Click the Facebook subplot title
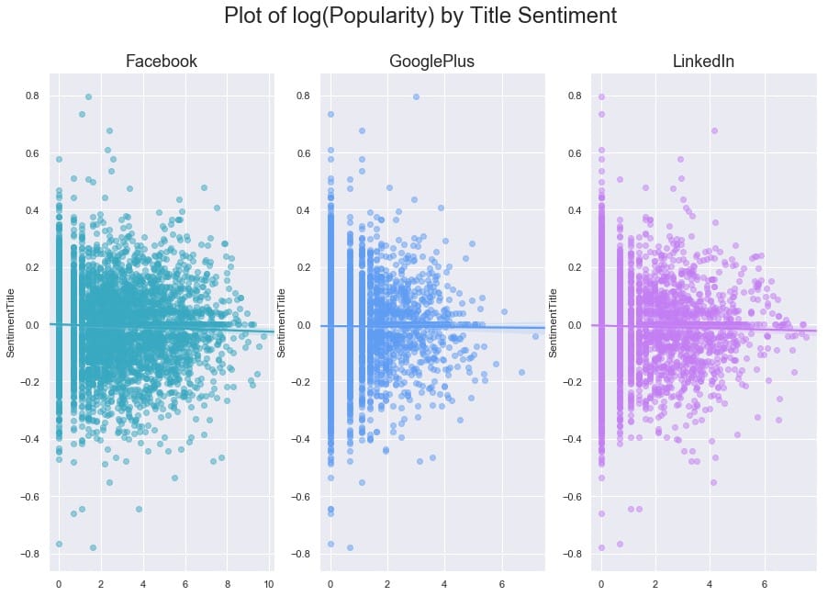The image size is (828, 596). click(x=161, y=62)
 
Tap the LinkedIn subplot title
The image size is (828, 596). click(x=703, y=62)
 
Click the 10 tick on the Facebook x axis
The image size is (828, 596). click(x=269, y=584)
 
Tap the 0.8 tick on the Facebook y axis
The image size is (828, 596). click(x=30, y=96)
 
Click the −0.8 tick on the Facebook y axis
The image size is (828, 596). click(x=28, y=554)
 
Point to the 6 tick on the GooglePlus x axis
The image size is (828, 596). click(x=501, y=584)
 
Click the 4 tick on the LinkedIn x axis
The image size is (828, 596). click(x=711, y=584)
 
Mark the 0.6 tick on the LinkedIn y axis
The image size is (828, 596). click(x=573, y=153)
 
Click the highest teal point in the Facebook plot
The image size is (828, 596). click(x=88, y=96)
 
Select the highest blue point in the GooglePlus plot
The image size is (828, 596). click(x=416, y=96)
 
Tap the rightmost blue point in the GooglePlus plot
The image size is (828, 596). click(x=535, y=336)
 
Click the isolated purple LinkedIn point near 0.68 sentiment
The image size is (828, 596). click(x=714, y=130)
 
